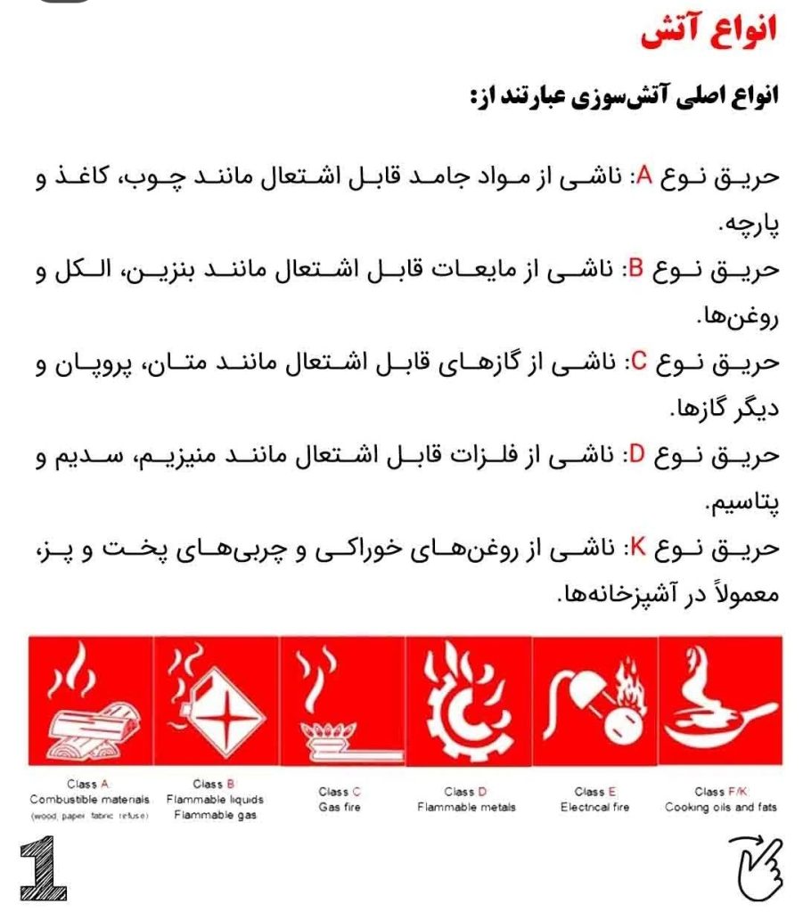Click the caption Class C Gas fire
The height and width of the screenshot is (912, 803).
coord(340,799)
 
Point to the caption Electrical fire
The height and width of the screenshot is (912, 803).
coord(594,807)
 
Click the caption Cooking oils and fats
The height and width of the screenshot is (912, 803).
coord(720,807)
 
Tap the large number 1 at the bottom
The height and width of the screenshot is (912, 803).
coord(43,868)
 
